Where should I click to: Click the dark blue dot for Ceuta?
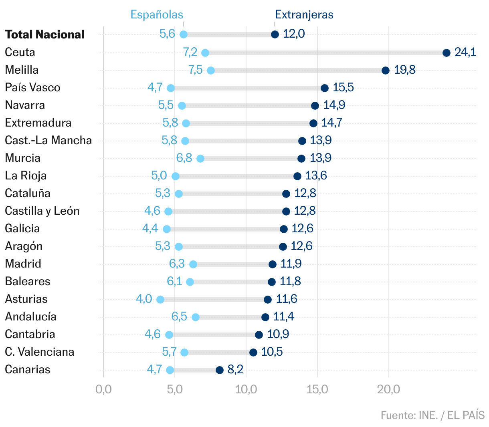[x=446, y=53]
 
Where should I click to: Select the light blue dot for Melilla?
[x=210, y=70]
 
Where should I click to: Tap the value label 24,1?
[x=465, y=52]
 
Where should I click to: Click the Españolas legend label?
[x=157, y=15]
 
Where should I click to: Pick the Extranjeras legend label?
[x=304, y=15]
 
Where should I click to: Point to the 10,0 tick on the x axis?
[x=246, y=389]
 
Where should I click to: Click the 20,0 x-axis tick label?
[x=388, y=389]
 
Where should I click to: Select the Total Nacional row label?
[x=44, y=34]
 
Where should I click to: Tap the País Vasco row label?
[x=32, y=87]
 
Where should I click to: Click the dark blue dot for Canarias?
[x=219, y=370]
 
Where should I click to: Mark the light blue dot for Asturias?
[x=160, y=300]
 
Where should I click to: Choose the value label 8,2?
[x=235, y=369]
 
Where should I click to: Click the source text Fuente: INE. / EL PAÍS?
[x=432, y=415]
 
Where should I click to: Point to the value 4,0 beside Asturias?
[x=144, y=299]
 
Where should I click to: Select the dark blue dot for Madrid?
[x=272, y=264]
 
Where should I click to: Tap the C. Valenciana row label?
[x=39, y=352]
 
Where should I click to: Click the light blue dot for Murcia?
[x=200, y=159]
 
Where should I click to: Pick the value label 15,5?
[x=343, y=87]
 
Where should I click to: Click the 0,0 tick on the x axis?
[x=103, y=389]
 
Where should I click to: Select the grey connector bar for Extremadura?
[x=249, y=123]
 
